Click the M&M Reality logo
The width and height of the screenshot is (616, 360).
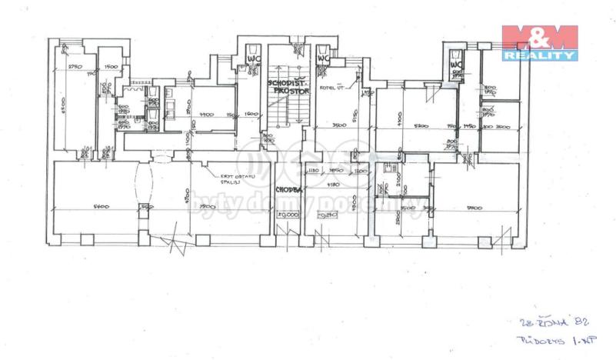coord(539,42)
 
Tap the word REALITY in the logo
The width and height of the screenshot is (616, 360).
coord(539,55)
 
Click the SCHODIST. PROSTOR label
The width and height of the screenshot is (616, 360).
coord(286,85)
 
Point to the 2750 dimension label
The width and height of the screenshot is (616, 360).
coord(75,67)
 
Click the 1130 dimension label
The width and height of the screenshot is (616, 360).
coord(312,171)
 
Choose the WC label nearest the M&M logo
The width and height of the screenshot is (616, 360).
coord(456,65)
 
